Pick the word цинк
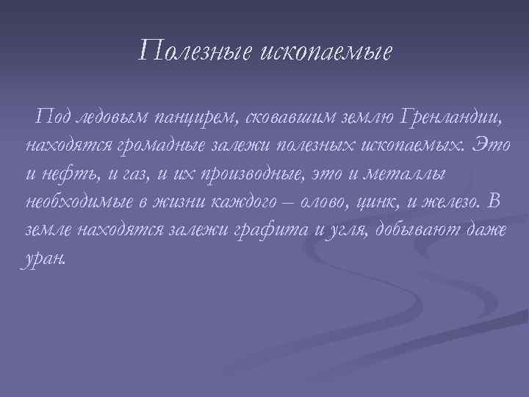click(373, 201)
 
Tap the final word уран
click(45, 258)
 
